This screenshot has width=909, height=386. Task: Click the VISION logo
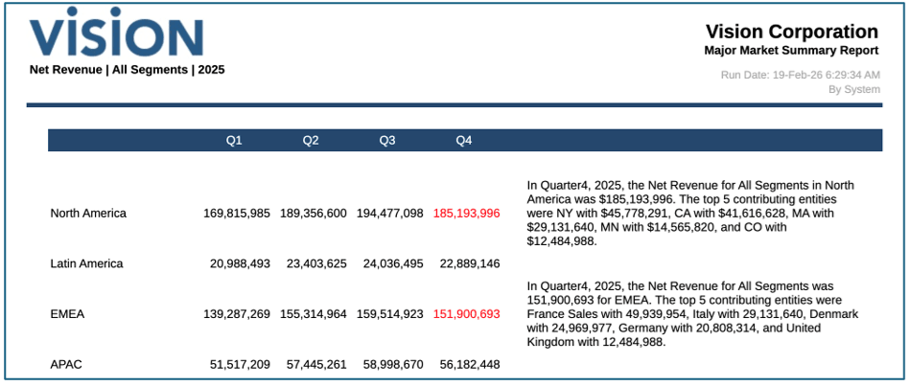pyautogui.click(x=115, y=34)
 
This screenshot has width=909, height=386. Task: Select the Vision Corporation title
pyautogui.click(x=791, y=32)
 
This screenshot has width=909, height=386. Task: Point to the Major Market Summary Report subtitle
pyautogui.click(x=791, y=51)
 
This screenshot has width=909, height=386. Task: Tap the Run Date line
pyautogui.click(x=800, y=74)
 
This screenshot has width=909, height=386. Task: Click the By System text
pyautogui.click(x=854, y=89)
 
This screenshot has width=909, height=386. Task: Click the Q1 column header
pyautogui.click(x=234, y=141)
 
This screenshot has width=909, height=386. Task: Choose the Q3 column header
pyautogui.click(x=387, y=141)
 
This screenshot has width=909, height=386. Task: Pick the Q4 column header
pyautogui.click(x=464, y=141)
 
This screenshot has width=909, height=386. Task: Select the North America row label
pyautogui.click(x=88, y=213)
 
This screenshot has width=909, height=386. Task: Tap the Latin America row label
pyautogui.click(x=86, y=263)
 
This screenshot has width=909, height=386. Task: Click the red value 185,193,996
pyautogui.click(x=466, y=213)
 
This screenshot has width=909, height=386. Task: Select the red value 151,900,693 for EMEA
pyautogui.click(x=466, y=313)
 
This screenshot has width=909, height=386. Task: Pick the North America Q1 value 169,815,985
pyautogui.click(x=237, y=213)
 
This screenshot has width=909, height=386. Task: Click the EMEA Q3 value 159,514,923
pyautogui.click(x=390, y=313)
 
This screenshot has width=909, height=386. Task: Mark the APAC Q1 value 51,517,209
pyautogui.click(x=240, y=364)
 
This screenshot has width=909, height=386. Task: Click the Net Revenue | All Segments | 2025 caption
pyautogui.click(x=128, y=70)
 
